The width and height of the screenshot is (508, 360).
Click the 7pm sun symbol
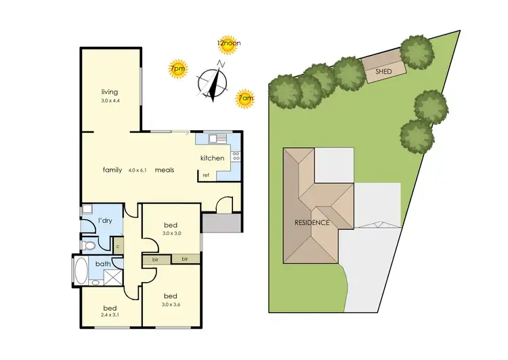click(x=177, y=69)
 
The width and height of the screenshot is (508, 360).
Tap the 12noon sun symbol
click(x=228, y=45)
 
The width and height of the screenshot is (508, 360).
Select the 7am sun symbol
click(x=245, y=99)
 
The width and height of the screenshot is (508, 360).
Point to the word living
click(x=110, y=92)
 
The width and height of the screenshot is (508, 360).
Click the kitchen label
click(x=212, y=158)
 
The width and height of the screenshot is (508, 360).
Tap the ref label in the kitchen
click(x=205, y=176)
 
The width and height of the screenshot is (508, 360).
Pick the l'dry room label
click(x=105, y=221)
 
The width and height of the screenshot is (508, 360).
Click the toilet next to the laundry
click(x=89, y=245)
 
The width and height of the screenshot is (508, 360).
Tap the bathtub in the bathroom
click(x=81, y=270)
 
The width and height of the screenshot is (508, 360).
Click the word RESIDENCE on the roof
click(x=312, y=222)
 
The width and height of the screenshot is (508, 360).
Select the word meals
click(x=165, y=169)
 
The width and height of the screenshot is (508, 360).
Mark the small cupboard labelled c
click(x=118, y=247)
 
